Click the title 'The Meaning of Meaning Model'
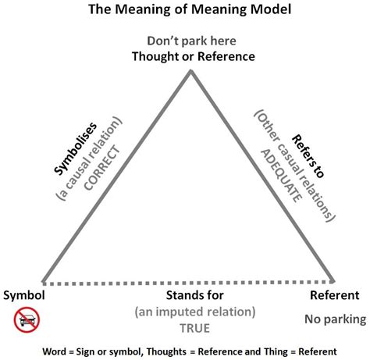[x=185, y=11]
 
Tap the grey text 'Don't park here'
[x=190, y=41]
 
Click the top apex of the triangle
[x=191, y=72]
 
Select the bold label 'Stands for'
[x=195, y=296]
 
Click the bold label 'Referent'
[x=334, y=296]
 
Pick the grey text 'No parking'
[x=331, y=318]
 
